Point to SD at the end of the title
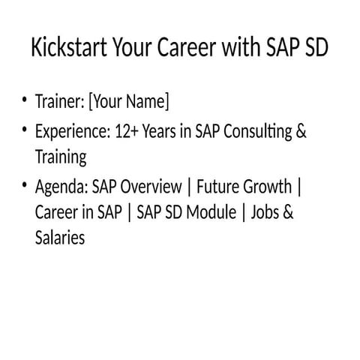coord(314,49)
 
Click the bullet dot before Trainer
coord(25,100)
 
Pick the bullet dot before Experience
coord(25,132)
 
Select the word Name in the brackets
coord(148,101)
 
